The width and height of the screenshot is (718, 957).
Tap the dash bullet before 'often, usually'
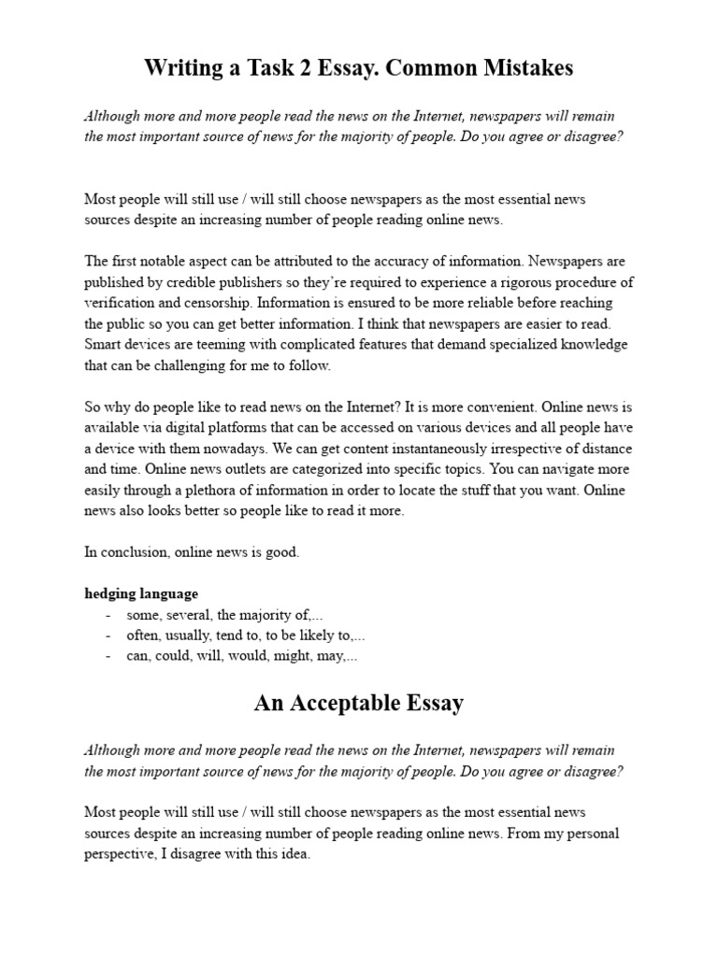108,636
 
